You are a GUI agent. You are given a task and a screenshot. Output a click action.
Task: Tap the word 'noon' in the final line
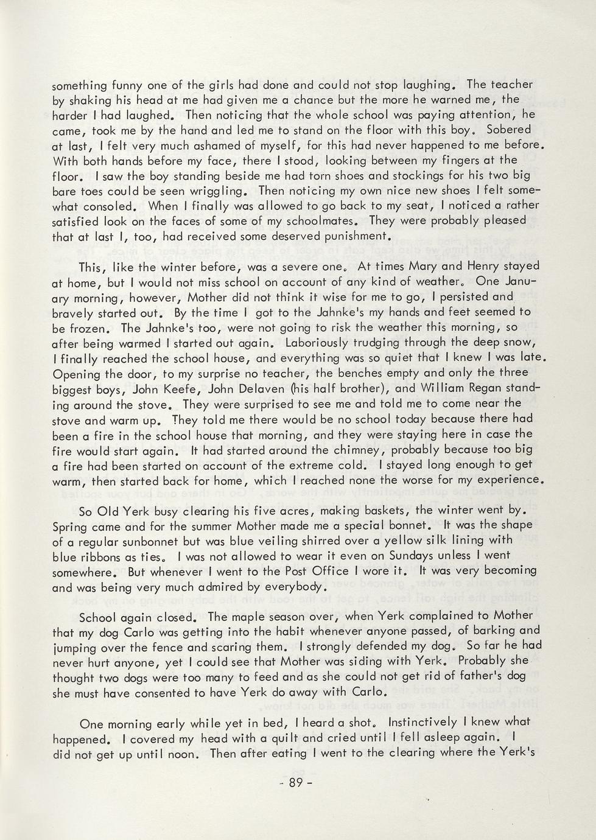coord(186,753)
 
